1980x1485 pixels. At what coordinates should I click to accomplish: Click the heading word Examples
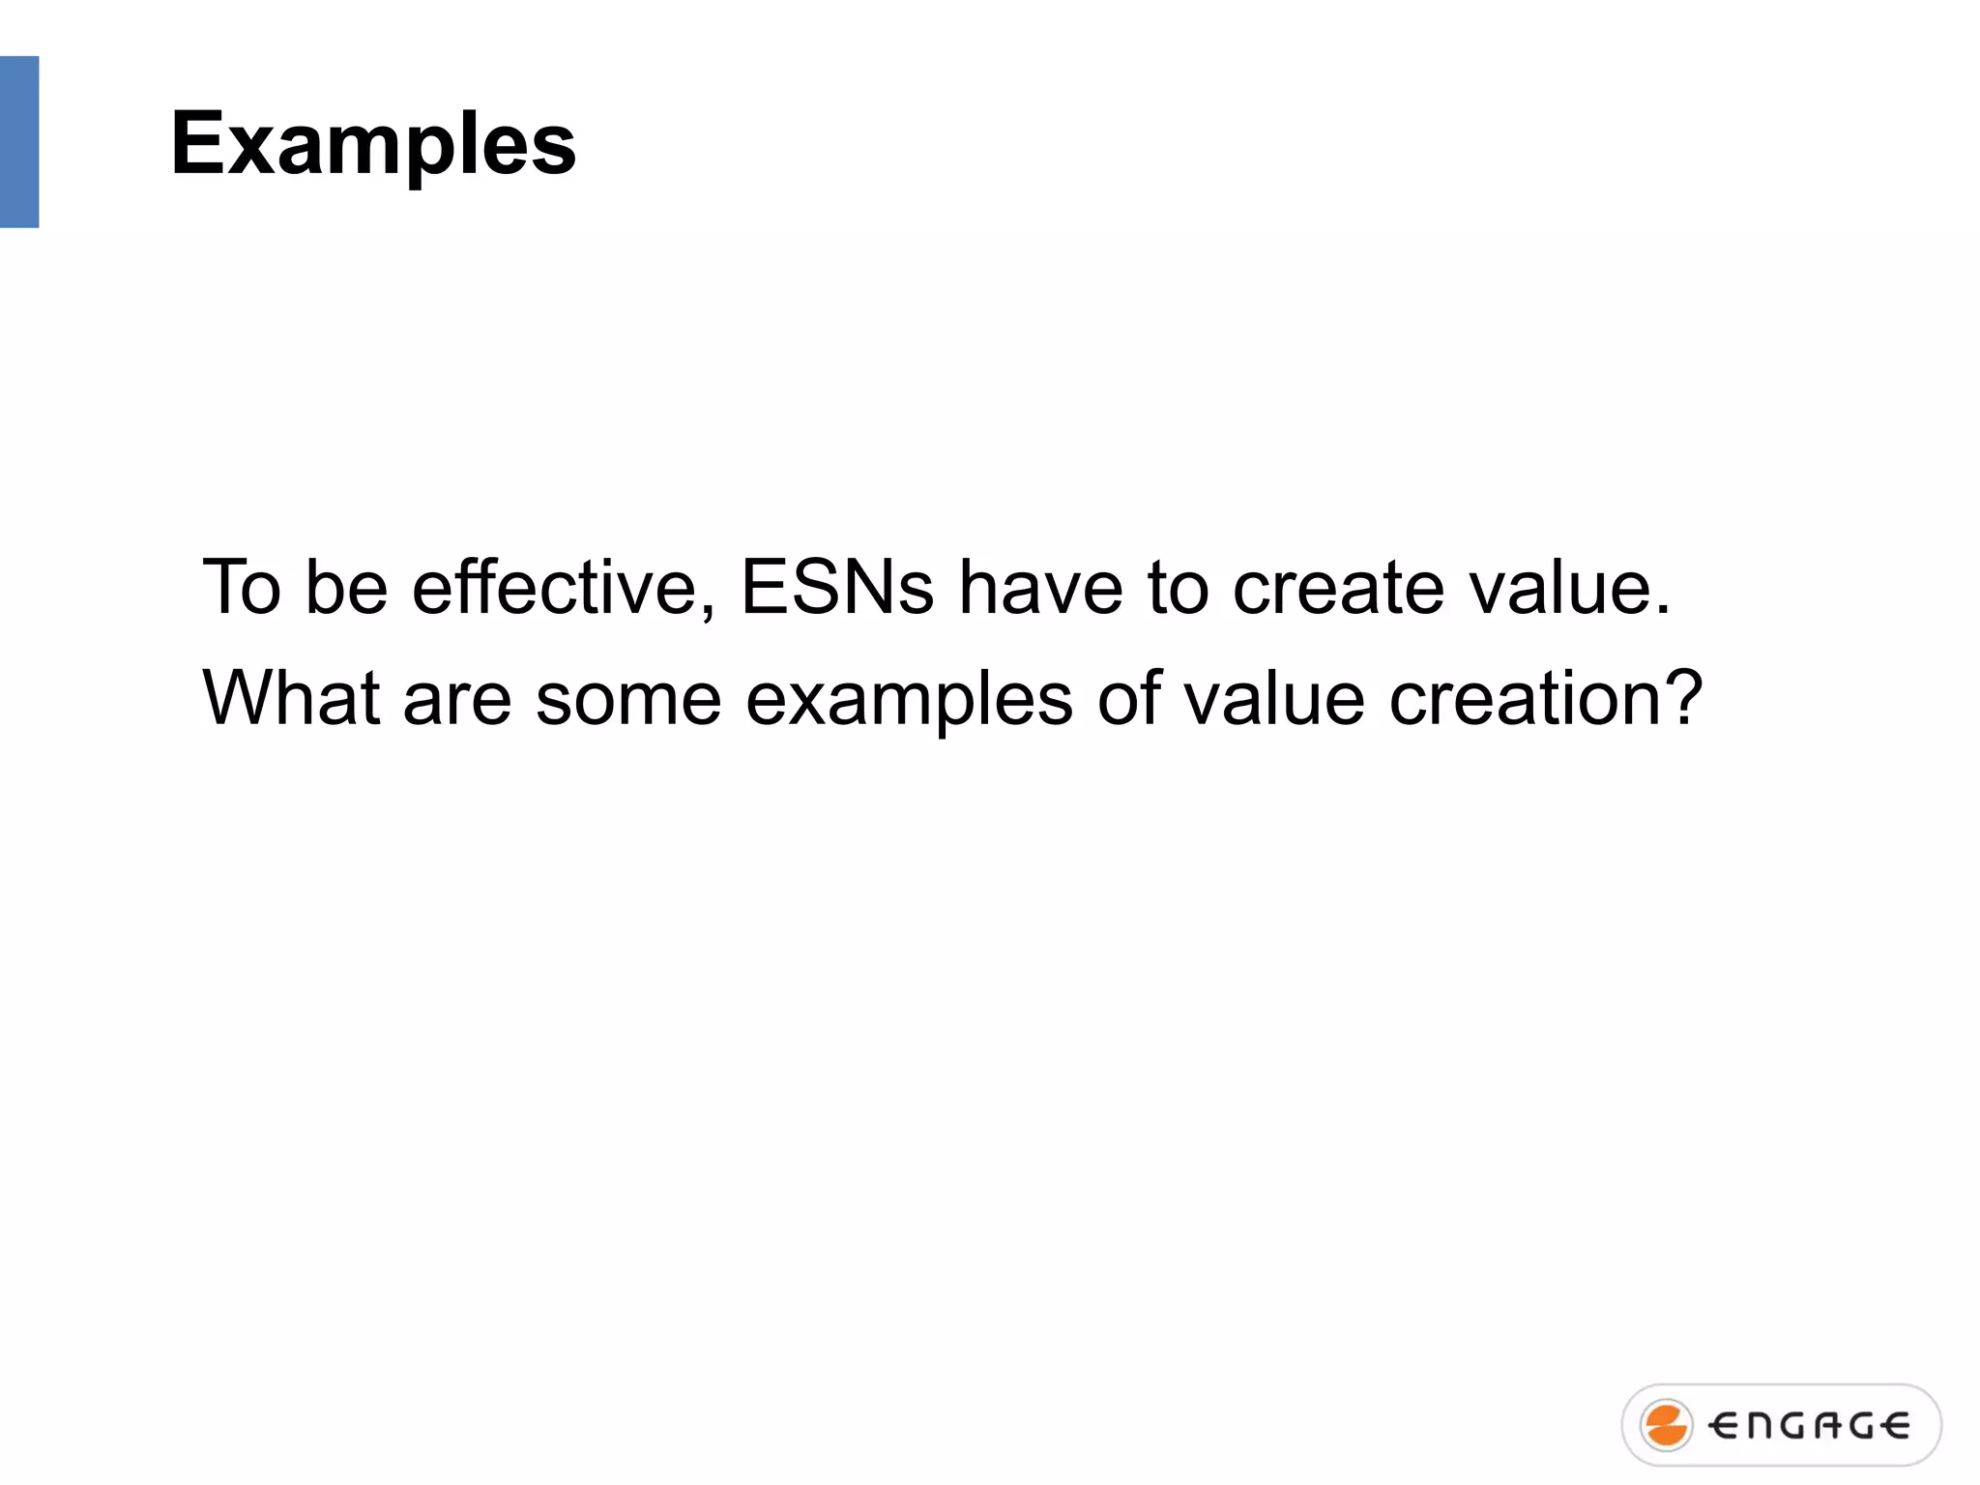373,145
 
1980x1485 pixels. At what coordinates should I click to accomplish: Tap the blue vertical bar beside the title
19,142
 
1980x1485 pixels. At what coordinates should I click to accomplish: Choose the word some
628,697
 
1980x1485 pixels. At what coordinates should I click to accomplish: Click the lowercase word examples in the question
909,697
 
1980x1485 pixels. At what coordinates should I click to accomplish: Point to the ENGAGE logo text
1809,1426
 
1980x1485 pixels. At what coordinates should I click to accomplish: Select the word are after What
456,697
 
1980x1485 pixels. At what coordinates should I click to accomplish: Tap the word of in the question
1128,697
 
